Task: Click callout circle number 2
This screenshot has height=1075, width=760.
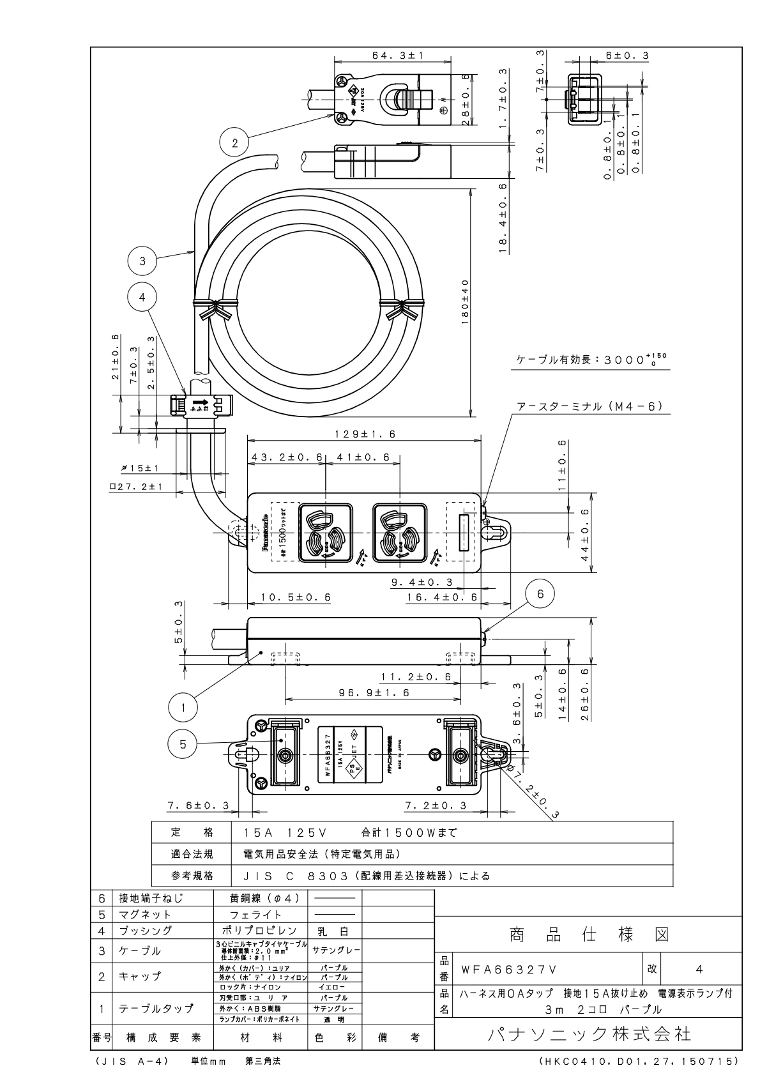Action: pyautogui.click(x=234, y=144)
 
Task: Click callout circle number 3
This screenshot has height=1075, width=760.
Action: pyautogui.click(x=142, y=260)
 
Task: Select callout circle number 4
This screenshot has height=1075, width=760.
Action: pyautogui.click(x=142, y=297)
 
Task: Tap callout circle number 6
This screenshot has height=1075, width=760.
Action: pyautogui.click(x=540, y=594)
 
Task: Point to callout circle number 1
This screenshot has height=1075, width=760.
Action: pyautogui.click(x=183, y=708)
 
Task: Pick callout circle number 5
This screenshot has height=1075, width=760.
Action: pyautogui.click(x=183, y=744)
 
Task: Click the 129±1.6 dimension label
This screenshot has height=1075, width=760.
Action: pyautogui.click(x=365, y=434)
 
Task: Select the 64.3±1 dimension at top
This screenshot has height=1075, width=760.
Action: pyautogui.click(x=393, y=56)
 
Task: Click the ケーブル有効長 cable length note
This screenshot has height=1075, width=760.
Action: pyautogui.click(x=593, y=360)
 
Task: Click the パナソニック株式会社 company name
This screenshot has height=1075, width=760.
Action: pyautogui.click(x=588, y=1033)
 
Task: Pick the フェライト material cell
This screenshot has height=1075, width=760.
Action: pyautogui.click(x=260, y=915)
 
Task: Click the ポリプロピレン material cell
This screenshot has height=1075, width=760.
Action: pyautogui.click(x=260, y=931)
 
